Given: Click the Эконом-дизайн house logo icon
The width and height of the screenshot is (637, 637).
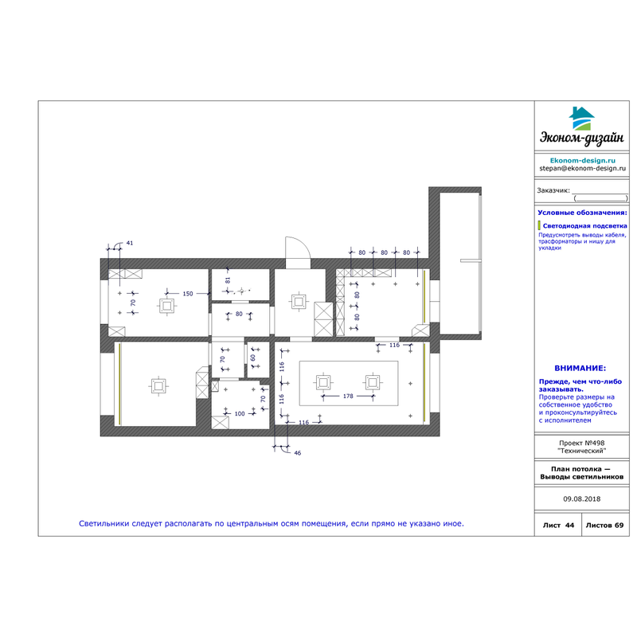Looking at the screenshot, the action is pyautogui.click(x=582, y=118).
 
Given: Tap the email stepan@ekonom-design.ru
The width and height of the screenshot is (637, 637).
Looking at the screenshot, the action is pyautogui.click(x=582, y=168).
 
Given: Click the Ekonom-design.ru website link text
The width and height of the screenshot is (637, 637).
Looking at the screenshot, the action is pyautogui.click(x=583, y=161).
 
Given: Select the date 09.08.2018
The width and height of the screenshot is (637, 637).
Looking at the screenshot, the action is pyautogui.click(x=582, y=499).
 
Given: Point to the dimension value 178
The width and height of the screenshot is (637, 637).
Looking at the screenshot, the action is pyautogui.click(x=348, y=396).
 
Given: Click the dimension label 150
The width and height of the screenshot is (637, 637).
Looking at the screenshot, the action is pyautogui.click(x=188, y=294).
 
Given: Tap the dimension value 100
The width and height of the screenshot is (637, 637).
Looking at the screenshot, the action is pyautogui.click(x=240, y=413).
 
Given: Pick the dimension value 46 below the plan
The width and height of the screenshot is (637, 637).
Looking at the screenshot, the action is pyautogui.click(x=297, y=453).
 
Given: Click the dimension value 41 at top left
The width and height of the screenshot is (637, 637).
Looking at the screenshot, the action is pyautogui.click(x=130, y=243).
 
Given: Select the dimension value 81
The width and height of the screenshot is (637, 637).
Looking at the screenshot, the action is pyautogui.click(x=228, y=280).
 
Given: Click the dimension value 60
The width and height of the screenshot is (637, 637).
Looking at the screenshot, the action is pyautogui.click(x=252, y=358).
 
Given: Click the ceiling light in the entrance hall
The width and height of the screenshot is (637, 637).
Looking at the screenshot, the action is pyautogui.click(x=299, y=302).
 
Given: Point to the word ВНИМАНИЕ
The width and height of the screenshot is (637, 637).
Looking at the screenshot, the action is pyautogui.click(x=580, y=369).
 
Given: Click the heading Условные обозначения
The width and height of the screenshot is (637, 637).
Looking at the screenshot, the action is pyautogui.click(x=582, y=213).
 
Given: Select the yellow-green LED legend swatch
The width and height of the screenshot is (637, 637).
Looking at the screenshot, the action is pyautogui.click(x=539, y=225).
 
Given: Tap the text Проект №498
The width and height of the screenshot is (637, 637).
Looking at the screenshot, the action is pyautogui.click(x=582, y=443).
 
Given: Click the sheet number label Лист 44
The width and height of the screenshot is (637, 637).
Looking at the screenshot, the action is pyautogui.click(x=559, y=526).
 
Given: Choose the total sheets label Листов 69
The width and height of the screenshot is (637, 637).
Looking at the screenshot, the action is pyautogui.click(x=604, y=526).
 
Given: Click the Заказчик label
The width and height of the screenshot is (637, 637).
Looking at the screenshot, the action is pyautogui.click(x=553, y=190).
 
